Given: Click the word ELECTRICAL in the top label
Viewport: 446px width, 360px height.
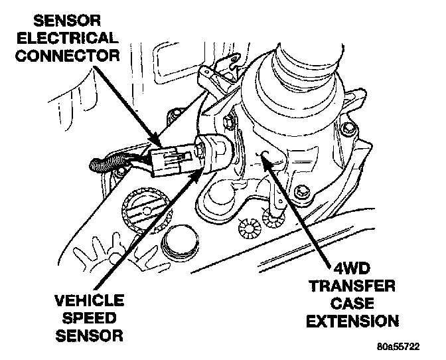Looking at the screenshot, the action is [68, 38].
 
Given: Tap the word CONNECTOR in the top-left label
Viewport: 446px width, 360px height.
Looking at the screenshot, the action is [68, 55].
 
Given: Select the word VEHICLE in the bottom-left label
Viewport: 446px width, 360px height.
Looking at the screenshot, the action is [90, 300].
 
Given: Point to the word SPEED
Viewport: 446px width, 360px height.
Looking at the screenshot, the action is [90, 318].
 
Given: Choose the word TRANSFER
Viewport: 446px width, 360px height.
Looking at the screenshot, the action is [352, 286].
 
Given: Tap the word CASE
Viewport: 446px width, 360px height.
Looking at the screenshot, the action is [352, 304].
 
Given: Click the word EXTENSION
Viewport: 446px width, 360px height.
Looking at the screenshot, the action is [352, 321].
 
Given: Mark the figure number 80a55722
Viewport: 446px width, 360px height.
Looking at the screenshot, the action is [398, 347].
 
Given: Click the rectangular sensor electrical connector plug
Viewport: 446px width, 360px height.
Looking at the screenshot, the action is [168, 161].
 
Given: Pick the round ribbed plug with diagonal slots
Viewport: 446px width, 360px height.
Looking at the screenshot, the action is [147, 210].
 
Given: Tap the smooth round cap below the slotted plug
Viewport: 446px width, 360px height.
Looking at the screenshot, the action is [180, 241].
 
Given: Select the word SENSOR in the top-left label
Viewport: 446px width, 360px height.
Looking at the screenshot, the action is [68, 21].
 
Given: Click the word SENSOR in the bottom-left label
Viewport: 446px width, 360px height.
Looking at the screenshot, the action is [90, 335].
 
